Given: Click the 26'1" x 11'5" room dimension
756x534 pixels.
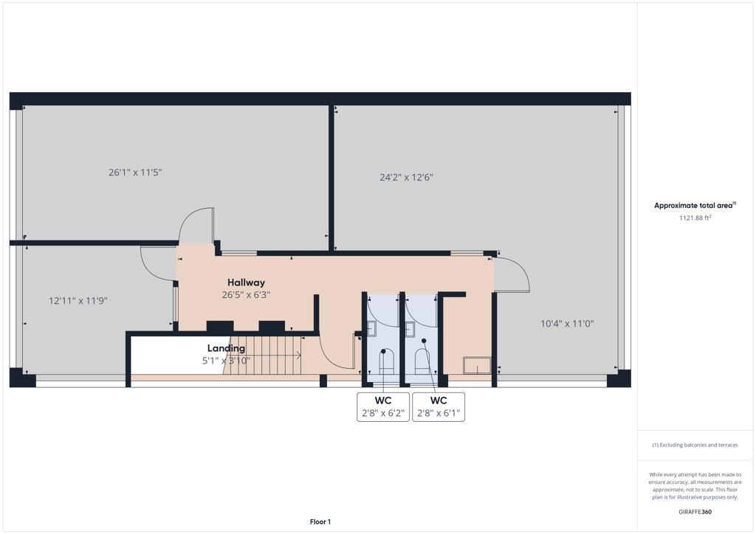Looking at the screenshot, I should [x=135, y=173].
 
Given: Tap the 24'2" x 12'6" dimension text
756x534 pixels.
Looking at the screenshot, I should [x=406, y=178].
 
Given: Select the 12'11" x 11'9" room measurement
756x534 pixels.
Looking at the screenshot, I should [x=78, y=301].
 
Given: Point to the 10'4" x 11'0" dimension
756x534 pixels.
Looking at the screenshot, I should [x=567, y=324].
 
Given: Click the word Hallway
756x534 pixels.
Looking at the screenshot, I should [x=246, y=282].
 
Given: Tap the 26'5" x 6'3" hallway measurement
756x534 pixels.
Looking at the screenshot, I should [x=246, y=295].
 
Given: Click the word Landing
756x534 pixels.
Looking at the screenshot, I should [x=226, y=348].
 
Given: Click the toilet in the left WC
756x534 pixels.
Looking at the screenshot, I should [x=387, y=361].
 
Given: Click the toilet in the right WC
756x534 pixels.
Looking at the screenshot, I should [x=423, y=361].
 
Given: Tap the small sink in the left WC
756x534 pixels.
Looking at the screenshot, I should [x=373, y=328].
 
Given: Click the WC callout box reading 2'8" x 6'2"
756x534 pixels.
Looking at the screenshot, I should [x=383, y=407].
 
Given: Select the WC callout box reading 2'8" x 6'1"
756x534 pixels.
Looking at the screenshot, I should [x=439, y=407].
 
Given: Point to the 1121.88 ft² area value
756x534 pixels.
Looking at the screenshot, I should [x=695, y=218].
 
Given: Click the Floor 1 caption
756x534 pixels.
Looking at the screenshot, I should [x=320, y=522].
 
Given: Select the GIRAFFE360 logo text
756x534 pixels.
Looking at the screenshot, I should [x=695, y=512].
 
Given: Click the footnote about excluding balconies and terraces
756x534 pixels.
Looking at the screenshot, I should [x=695, y=445].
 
